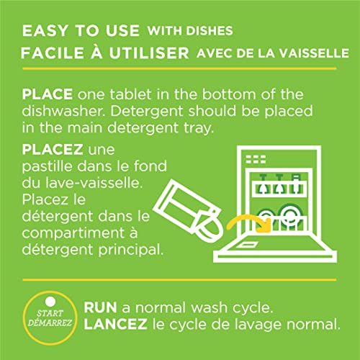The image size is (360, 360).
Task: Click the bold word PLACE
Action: point(48,94)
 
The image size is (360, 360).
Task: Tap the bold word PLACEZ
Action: point(53,150)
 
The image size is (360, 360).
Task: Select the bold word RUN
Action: point(100,307)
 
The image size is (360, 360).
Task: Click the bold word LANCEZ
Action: point(115,324)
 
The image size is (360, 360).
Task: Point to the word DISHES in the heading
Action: point(210,31)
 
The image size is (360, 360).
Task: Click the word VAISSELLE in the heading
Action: point(314,53)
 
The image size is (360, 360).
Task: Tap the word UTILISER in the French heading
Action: point(149,53)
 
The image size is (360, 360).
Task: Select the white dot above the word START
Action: point(50,302)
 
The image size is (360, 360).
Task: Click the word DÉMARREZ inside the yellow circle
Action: point(50,323)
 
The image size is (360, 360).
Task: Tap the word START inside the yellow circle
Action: point(50,313)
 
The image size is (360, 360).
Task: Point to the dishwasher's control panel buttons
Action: point(256,159)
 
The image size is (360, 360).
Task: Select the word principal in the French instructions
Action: point(131,250)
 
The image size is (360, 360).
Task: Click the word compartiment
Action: point(73,233)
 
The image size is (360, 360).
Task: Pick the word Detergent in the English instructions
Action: point(147,112)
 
